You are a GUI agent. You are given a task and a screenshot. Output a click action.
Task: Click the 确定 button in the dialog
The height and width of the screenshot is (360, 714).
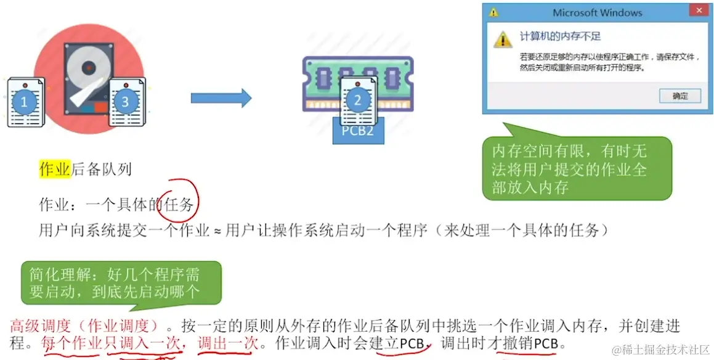click(680, 96)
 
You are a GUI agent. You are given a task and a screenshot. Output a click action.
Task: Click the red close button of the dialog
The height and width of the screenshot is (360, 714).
click(698, 12)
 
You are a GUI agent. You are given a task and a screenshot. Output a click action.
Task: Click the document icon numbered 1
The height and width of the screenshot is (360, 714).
click(25, 102)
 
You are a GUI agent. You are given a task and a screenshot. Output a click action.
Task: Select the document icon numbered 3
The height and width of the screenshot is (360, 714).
click(126, 101)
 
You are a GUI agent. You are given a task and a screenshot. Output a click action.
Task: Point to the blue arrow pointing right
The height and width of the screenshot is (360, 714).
click(221, 98)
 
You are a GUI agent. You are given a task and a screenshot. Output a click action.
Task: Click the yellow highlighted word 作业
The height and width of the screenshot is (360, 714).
click(55, 169)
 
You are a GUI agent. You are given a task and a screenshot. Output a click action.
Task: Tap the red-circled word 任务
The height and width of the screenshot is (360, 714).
click(179, 205)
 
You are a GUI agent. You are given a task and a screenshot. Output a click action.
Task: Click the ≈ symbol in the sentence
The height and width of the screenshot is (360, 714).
click(217, 231)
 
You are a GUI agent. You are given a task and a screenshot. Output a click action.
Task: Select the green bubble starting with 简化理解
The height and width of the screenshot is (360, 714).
click(121, 282)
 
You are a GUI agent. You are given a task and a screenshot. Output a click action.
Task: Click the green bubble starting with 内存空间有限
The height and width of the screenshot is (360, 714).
click(577, 168)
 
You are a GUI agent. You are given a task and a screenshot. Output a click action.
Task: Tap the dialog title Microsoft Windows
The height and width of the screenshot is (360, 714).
click(597, 12)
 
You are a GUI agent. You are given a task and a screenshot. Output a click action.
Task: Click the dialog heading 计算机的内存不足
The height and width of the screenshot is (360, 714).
click(560, 36)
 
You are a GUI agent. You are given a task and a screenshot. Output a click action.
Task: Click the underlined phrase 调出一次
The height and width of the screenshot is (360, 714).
click(228, 343)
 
